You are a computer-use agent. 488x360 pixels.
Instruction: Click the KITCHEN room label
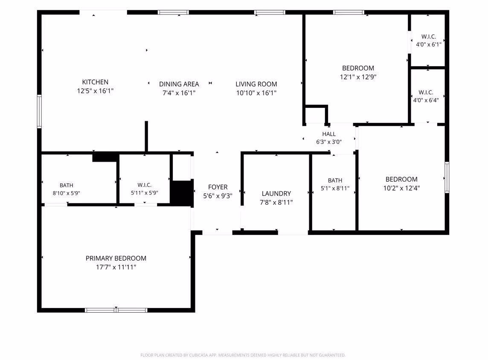point(95,82)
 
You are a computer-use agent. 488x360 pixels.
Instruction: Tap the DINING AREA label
point(179,84)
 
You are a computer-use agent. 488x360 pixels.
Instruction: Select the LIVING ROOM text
point(256,84)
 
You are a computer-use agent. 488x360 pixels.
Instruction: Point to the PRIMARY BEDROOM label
point(116,258)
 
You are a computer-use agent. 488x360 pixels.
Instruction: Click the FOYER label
point(218,187)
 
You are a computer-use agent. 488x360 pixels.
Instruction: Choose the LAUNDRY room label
point(276,194)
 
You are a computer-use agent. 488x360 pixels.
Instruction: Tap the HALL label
point(329,134)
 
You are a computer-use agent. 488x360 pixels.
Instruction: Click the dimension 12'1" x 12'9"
point(358,77)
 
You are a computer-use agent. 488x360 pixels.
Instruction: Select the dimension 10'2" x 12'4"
point(401,188)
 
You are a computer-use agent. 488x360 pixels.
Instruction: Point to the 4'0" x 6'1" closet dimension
point(429,44)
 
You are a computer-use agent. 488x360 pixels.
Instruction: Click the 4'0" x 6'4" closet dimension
point(426,100)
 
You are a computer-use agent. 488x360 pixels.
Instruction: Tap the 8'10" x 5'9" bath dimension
point(66,193)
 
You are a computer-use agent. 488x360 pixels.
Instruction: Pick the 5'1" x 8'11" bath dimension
point(335,188)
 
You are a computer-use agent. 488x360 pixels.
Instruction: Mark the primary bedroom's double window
point(116,310)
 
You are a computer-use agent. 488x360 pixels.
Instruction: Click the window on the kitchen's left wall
point(39,111)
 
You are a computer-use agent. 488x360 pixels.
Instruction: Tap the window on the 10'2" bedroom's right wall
point(447,177)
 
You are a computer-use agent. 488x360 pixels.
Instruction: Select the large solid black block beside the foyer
point(182,193)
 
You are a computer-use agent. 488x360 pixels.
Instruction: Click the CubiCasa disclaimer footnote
point(243,355)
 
